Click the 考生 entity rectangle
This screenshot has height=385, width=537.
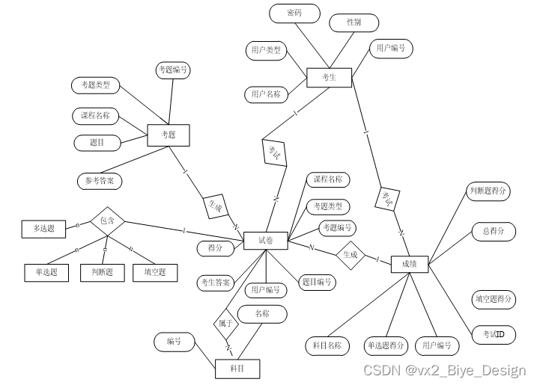329,77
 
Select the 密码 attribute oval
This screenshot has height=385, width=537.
294,13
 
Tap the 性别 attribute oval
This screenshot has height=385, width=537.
354,22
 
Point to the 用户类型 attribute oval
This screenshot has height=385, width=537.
266,50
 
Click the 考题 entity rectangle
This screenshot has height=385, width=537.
169,135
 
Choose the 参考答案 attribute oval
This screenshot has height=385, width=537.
99,181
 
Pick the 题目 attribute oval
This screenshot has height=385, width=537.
97,142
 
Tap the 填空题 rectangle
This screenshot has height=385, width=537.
155,272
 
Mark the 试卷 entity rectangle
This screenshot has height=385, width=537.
266,240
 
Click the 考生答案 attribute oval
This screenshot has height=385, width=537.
216,283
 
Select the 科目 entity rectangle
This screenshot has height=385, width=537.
237,369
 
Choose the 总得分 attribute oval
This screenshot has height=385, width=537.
494,232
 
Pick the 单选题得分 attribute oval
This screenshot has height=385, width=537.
386,345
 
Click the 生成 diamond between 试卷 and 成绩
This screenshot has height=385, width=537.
350,255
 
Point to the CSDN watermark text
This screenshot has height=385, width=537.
444,370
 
